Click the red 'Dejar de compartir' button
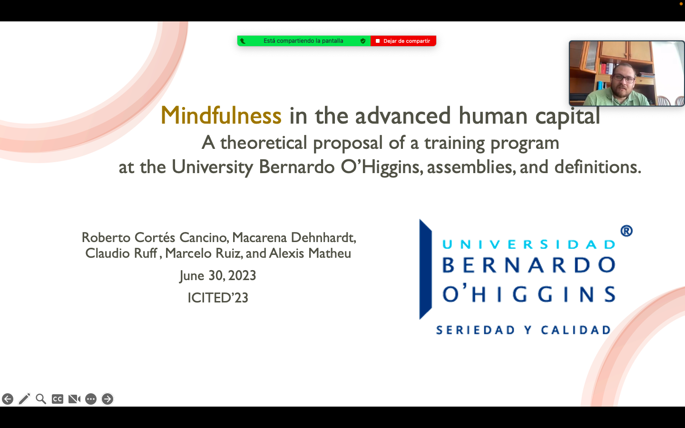coord(403,41)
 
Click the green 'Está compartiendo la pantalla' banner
coord(303,41)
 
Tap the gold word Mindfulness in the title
coord(221,116)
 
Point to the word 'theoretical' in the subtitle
coord(264,143)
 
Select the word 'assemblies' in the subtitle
coord(470,167)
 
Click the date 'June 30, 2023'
coord(217,276)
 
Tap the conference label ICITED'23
coord(218,298)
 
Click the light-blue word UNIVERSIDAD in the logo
coord(529,244)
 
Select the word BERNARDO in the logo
coord(529,265)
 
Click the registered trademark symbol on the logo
coord(626,231)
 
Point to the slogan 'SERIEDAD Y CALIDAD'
coord(523,330)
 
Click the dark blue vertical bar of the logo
coord(425,269)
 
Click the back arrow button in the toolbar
coord(8,399)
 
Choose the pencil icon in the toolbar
coord(24,399)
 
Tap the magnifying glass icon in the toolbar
coord(41,399)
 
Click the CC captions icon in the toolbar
coord(58,399)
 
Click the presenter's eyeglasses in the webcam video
coord(624,78)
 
